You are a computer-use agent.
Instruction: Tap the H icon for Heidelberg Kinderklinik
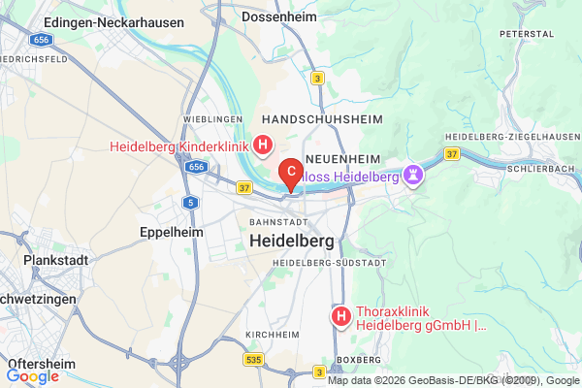tap(262, 146)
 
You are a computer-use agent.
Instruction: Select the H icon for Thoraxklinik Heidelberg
tap(340, 316)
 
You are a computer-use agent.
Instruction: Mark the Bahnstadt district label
tap(274, 220)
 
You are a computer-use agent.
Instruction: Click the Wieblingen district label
tap(210, 118)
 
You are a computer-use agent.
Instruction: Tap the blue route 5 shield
tap(191, 202)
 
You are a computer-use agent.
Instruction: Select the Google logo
tap(33, 375)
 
